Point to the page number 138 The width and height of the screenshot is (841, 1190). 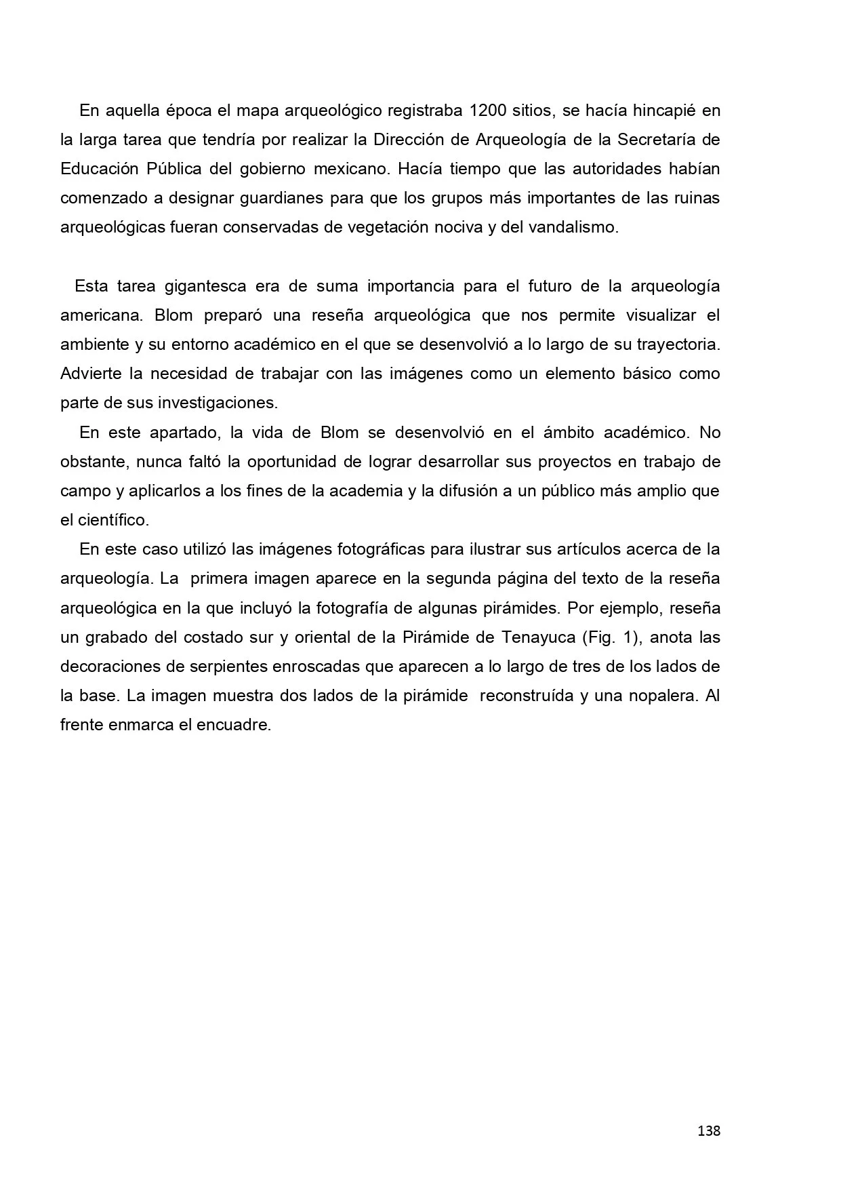coord(709,1130)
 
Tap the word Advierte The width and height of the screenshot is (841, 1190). coord(91,374)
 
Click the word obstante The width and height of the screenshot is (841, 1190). coord(93,462)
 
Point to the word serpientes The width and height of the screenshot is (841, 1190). coord(215,667)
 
